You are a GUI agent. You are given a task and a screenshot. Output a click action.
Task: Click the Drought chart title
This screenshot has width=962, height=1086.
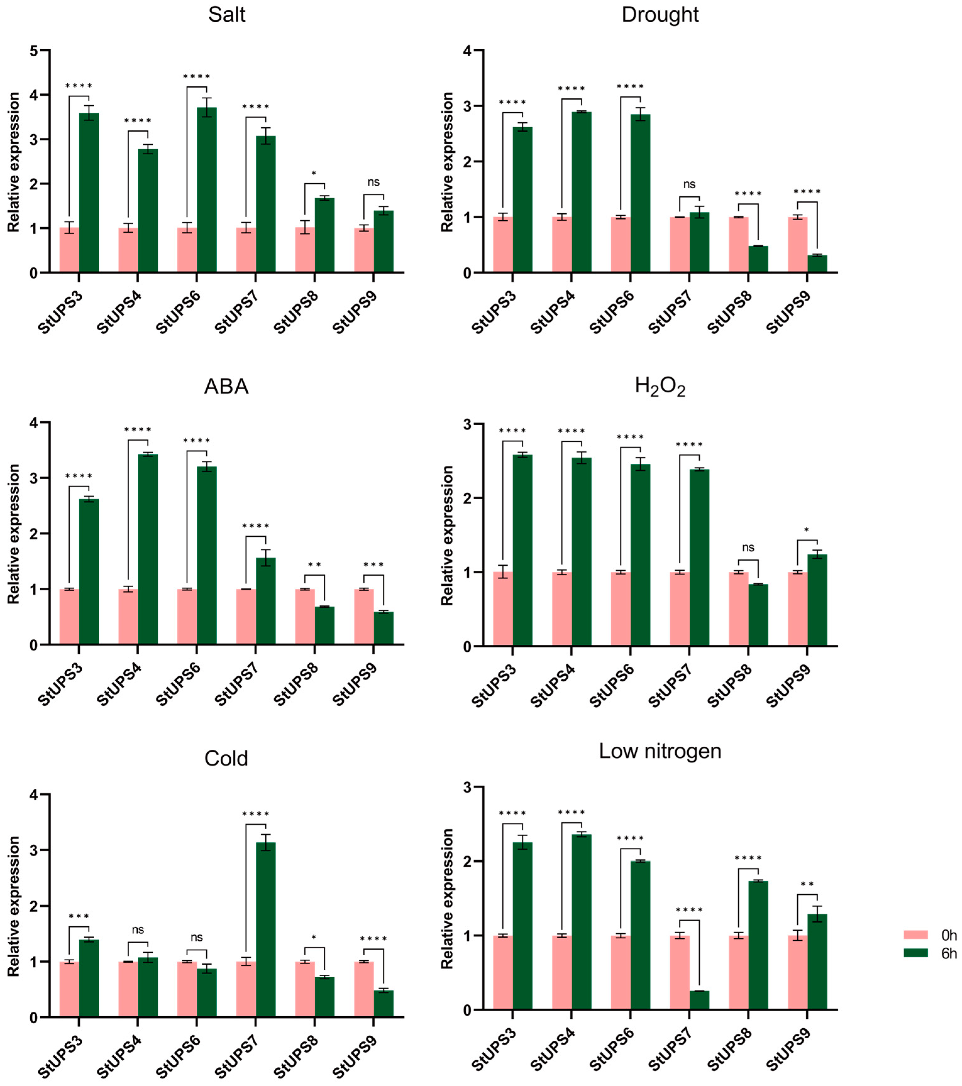[x=660, y=15]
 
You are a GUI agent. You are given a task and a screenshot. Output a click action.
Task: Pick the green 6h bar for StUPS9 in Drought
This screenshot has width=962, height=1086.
[x=817, y=264]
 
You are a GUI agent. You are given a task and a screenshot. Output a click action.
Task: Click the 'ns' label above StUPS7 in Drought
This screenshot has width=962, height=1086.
[x=689, y=184]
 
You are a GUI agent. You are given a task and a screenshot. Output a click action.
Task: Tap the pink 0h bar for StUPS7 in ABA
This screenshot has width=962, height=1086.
[x=246, y=616]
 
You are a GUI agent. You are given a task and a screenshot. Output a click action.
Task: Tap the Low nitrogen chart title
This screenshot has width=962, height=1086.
[x=660, y=751]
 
